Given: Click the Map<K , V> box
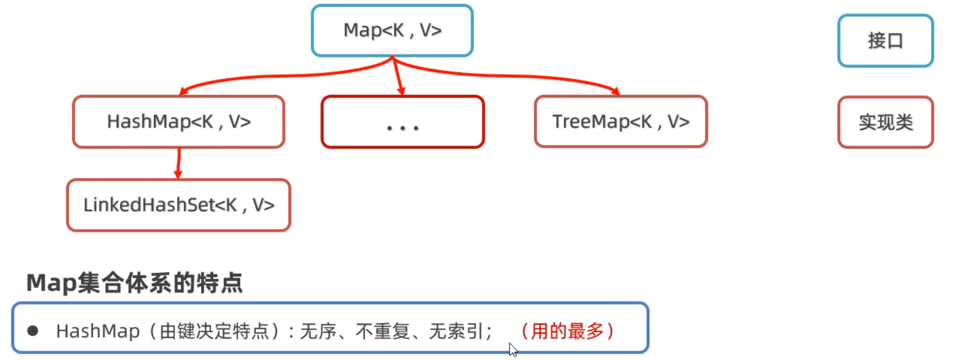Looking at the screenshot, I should tap(392, 30).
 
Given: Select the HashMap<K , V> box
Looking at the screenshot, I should tap(178, 122).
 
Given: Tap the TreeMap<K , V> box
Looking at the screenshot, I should tap(621, 122).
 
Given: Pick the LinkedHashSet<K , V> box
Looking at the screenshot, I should tap(178, 205).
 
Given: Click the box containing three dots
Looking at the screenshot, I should tap(402, 122).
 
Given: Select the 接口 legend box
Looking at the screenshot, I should tap(885, 41).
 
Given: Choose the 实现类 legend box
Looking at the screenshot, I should tap(885, 122).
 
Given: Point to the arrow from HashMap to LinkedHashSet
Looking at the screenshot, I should tap(178, 163).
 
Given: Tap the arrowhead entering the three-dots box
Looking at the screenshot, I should tap(401, 91).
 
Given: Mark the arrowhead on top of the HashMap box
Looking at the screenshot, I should tap(183, 91).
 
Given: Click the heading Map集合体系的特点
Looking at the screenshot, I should tap(134, 283).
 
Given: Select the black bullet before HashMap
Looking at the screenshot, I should tap(33, 331).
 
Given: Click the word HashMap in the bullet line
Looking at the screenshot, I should tap(98, 331).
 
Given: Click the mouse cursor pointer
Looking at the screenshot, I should tap(513, 349).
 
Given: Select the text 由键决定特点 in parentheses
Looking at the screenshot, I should tap(214, 331).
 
